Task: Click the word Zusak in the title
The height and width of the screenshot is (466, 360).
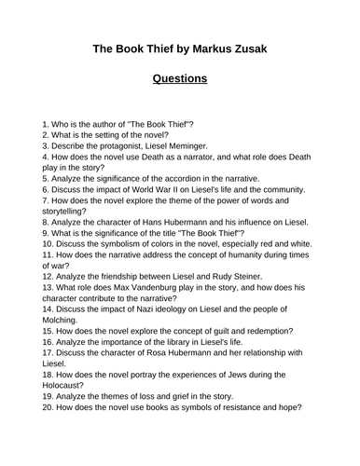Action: pyautogui.click(x=272, y=50)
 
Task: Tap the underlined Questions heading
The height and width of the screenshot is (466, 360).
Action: pyautogui.click(x=179, y=79)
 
